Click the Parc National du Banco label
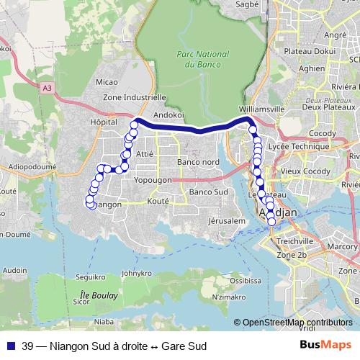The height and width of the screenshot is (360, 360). coord(203,59)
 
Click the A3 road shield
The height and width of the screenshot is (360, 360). coord(48,87)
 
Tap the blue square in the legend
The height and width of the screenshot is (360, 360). coord(9,346)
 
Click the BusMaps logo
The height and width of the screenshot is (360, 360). coord(325,346)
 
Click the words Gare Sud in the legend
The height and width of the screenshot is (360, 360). coord(184,346)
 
